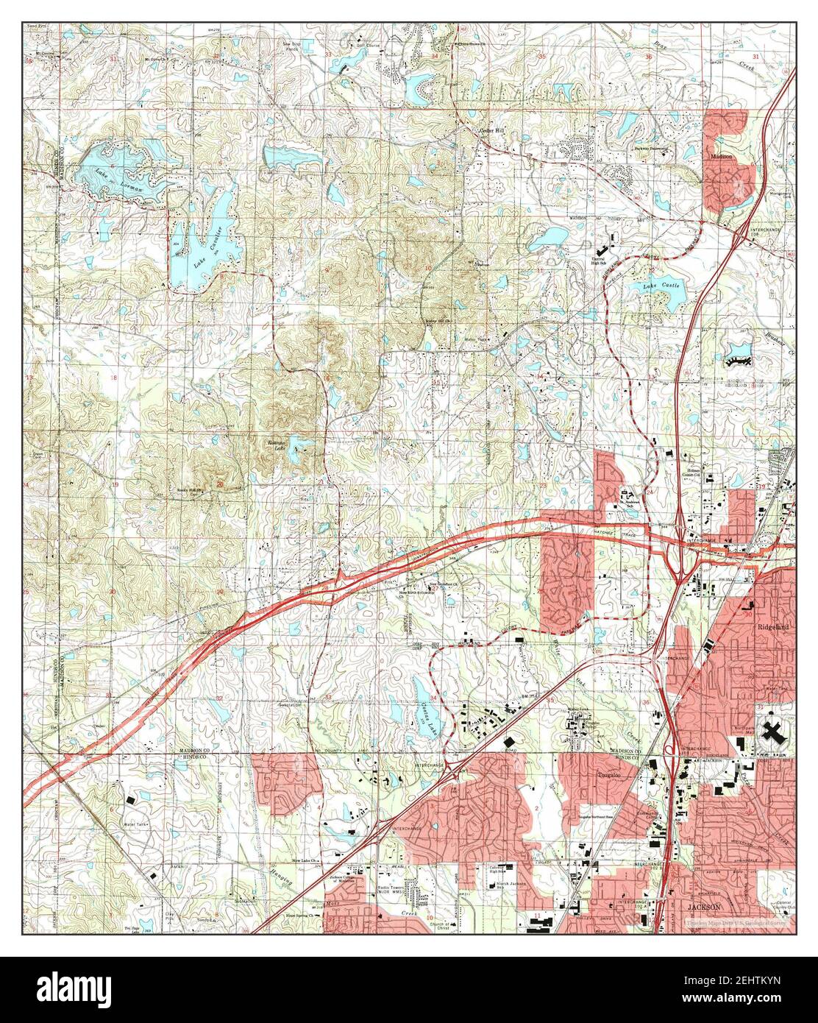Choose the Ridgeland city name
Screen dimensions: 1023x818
(772, 626)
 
